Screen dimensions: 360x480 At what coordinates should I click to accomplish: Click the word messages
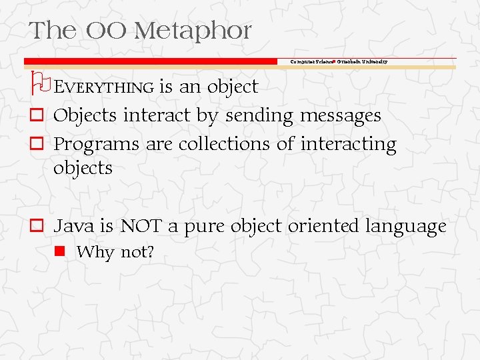click(340, 116)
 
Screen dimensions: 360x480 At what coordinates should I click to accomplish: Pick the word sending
click(259, 116)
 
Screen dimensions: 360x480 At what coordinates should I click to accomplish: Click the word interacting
click(348, 145)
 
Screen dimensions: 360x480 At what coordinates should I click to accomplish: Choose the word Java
click(74, 227)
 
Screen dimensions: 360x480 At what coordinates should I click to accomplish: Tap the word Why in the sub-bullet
click(95, 253)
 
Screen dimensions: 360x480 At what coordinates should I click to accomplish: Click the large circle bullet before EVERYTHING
click(39, 81)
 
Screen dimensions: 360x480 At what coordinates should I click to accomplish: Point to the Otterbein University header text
click(362, 61)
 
